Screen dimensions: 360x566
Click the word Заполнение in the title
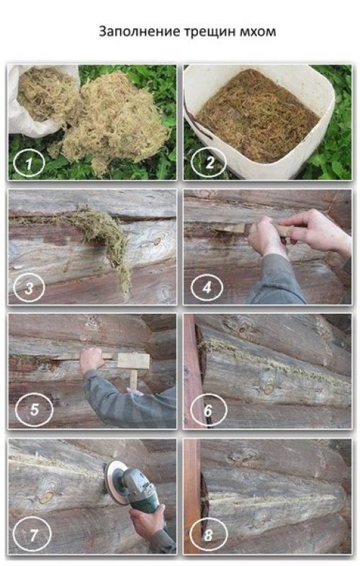tap(140, 32)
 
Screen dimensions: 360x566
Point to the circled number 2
tap(208, 163)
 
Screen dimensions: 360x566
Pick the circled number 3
tap(29, 288)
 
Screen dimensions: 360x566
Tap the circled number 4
tap(207, 288)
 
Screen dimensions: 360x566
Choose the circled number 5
tap(34, 409)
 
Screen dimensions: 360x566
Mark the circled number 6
tap(208, 410)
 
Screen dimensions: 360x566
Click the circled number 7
tap(32, 534)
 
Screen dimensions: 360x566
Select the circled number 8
tap(208, 534)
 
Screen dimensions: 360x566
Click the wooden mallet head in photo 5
tap(133, 361)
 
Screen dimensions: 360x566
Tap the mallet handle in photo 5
tap(134, 379)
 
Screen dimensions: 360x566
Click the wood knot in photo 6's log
tap(269, 389)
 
